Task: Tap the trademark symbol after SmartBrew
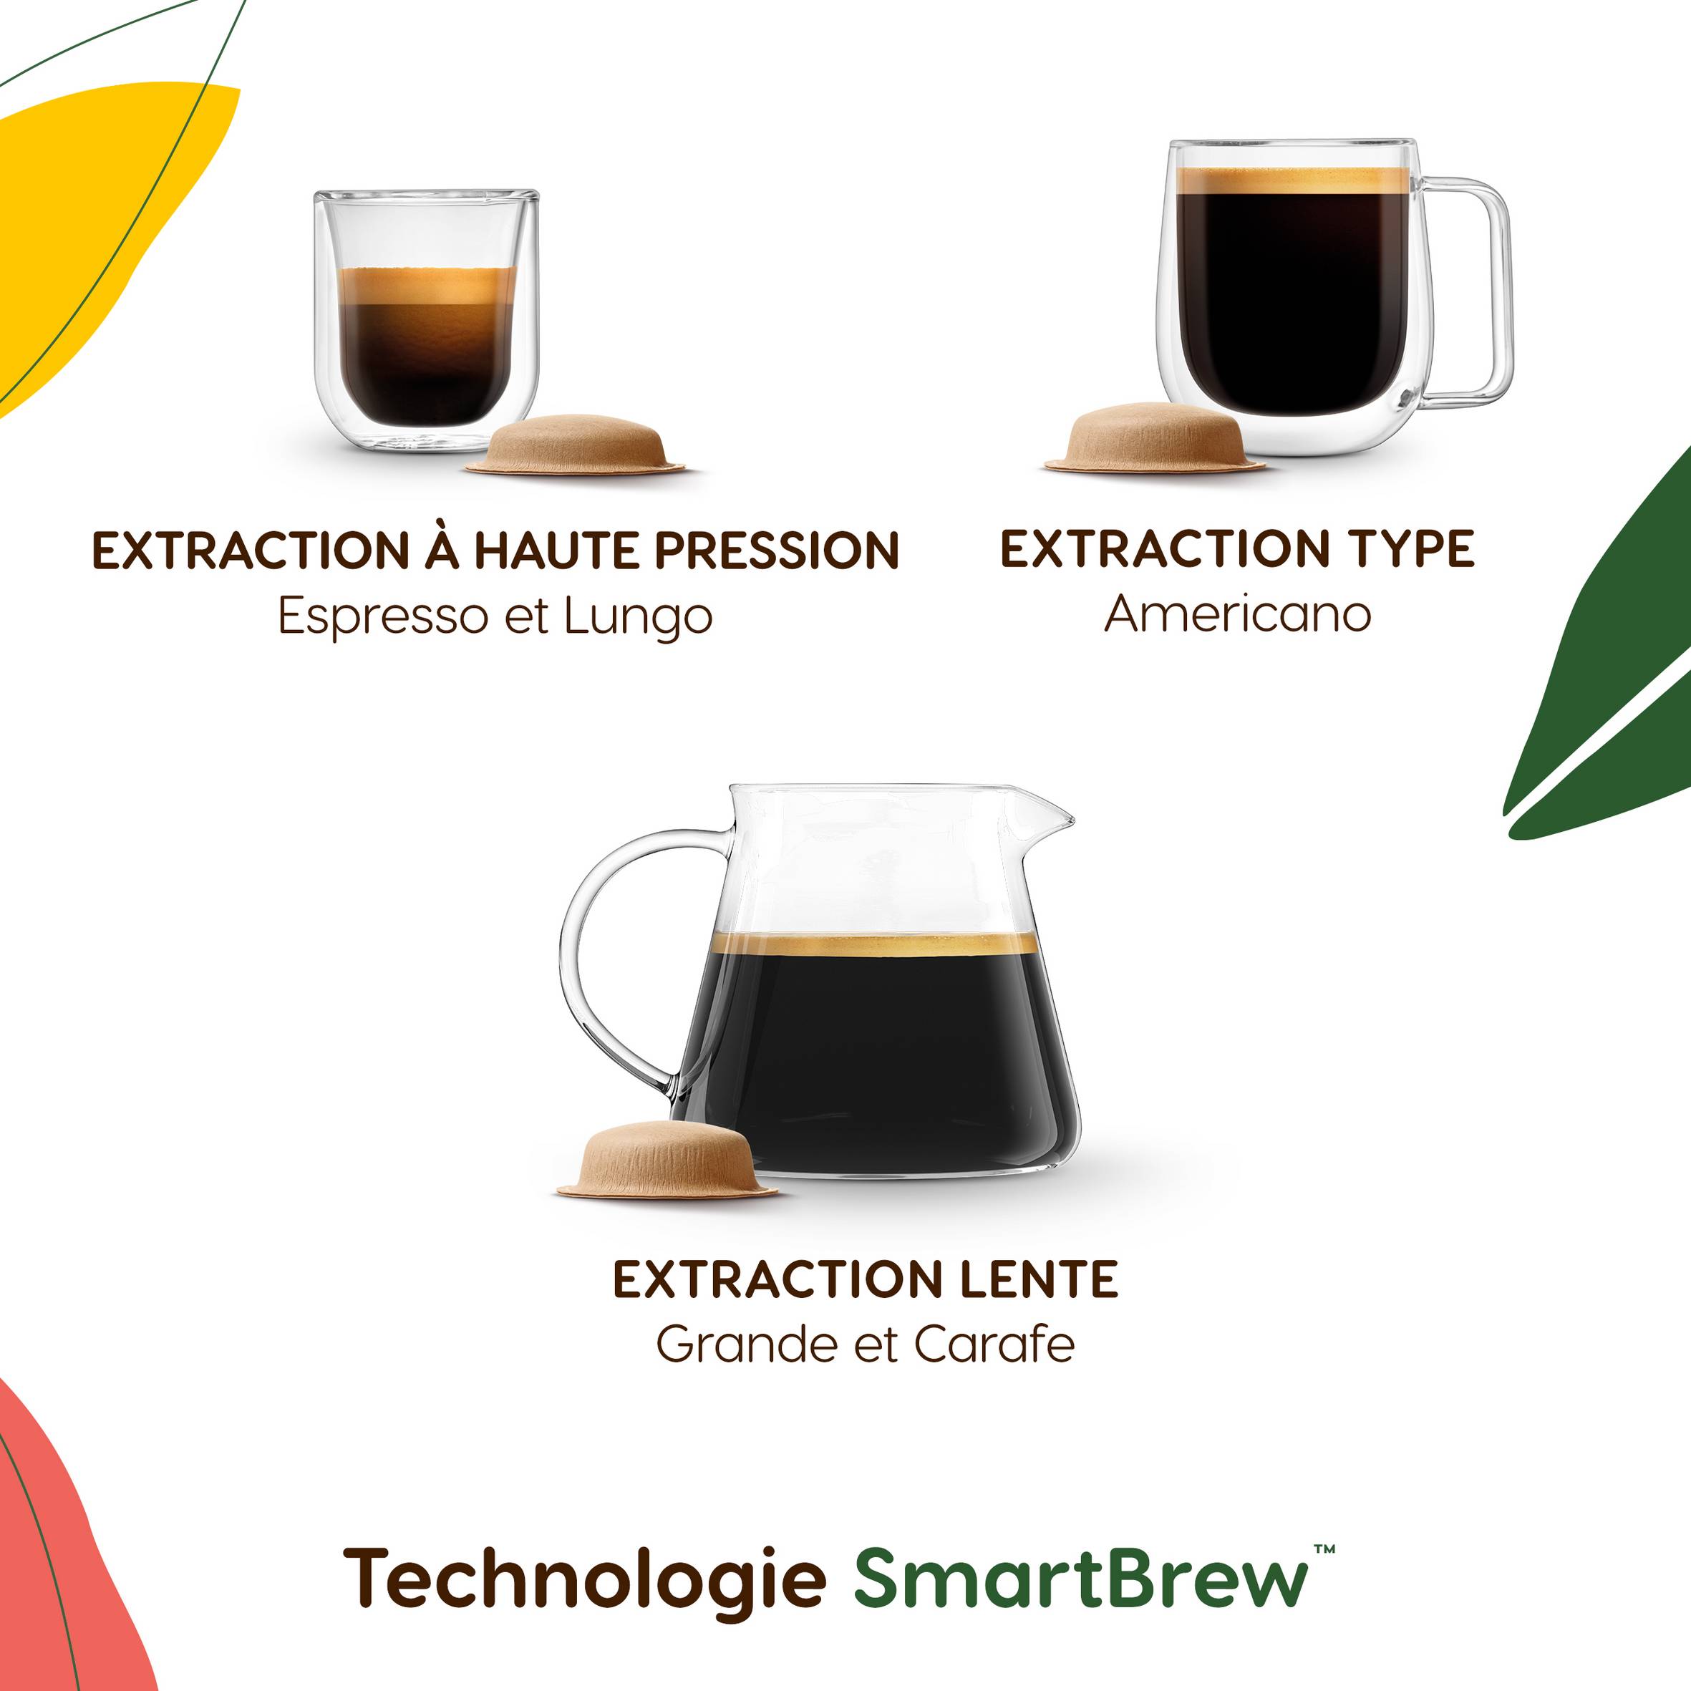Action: (x=1324, y=1550)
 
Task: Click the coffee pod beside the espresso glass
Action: (x=575, y=444)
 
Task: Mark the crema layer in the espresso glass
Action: (x=426, y=286)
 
